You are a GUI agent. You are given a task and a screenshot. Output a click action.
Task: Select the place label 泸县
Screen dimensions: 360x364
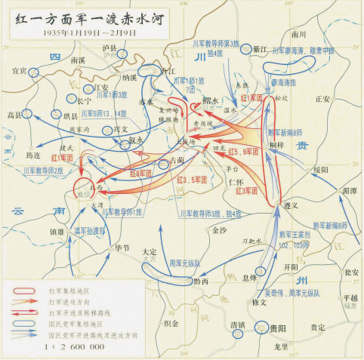click(x=111, y=48)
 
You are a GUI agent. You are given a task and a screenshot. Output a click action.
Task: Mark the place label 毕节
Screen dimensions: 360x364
click(x=122, y=247)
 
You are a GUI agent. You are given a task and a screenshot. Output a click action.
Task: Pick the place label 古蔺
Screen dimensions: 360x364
click(x=176, y=161)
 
